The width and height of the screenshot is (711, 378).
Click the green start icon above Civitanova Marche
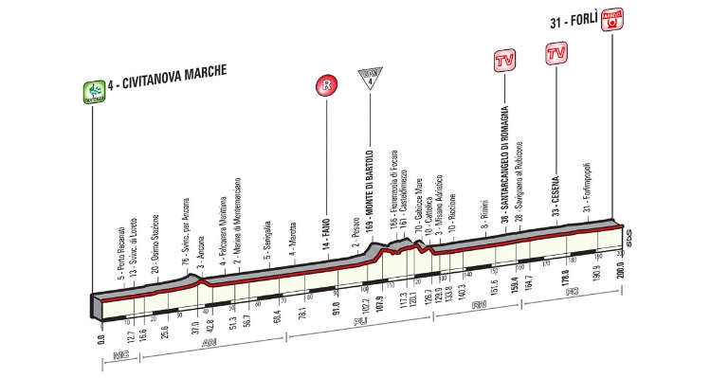(x=93, y=92)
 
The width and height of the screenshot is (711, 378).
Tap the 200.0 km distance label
(x=620, y=270)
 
